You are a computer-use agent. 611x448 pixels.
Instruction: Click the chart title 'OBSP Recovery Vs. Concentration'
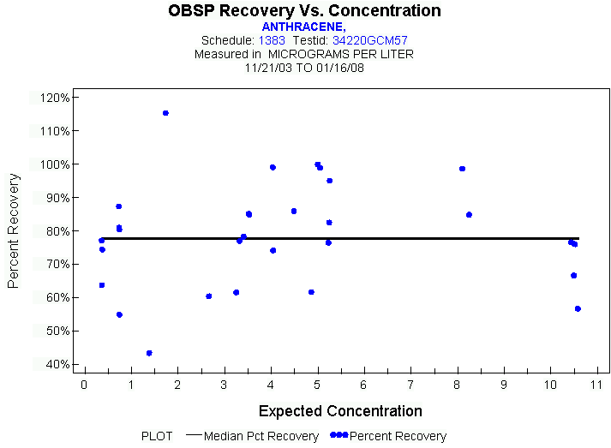coord(305,11)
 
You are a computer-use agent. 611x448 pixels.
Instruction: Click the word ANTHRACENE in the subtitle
coord(303,27)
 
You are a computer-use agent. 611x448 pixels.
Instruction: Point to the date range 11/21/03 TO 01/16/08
coord(304,67)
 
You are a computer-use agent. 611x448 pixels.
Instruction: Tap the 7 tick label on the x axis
coord(410,383)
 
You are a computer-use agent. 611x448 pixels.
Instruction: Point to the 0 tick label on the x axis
coord(84,383)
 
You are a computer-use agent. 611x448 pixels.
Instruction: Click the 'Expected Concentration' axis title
coord(340,411)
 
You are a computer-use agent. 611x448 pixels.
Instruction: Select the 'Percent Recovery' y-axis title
coord(14,230)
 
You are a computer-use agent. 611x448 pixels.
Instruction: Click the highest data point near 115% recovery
coord(165,113)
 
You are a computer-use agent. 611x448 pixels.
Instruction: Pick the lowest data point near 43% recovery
coord(149,353)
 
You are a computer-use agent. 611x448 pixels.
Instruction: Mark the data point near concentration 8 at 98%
coord(462,169)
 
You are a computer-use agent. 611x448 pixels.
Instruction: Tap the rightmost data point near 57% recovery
coord(578,308)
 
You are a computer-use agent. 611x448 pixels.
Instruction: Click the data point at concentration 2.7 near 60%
coord(208,296)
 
